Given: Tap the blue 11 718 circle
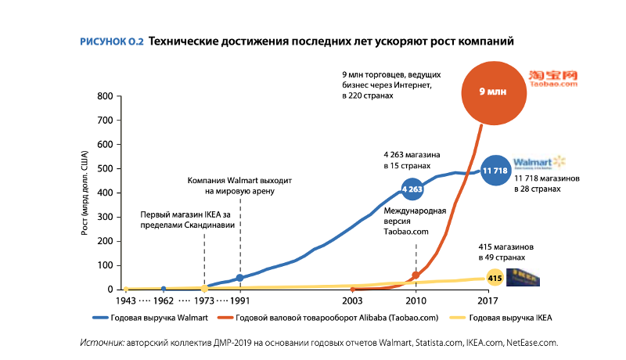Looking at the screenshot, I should [x=495, y=170].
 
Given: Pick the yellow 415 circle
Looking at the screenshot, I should [x=495, y=278].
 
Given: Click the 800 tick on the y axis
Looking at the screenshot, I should [x=105, y=96].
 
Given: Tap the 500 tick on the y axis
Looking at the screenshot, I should [x=105, y=169].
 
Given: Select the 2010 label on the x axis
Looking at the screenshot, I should [x=415, y=301].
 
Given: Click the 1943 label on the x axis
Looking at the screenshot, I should [x=127, y=301].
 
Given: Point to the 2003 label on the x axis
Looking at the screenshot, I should [x=352, y=301].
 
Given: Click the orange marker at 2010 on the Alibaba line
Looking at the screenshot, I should [x=416, y=275].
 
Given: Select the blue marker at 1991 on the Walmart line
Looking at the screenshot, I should [x=240, y=278].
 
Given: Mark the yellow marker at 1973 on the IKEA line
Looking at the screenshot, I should [x=204, y=289].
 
